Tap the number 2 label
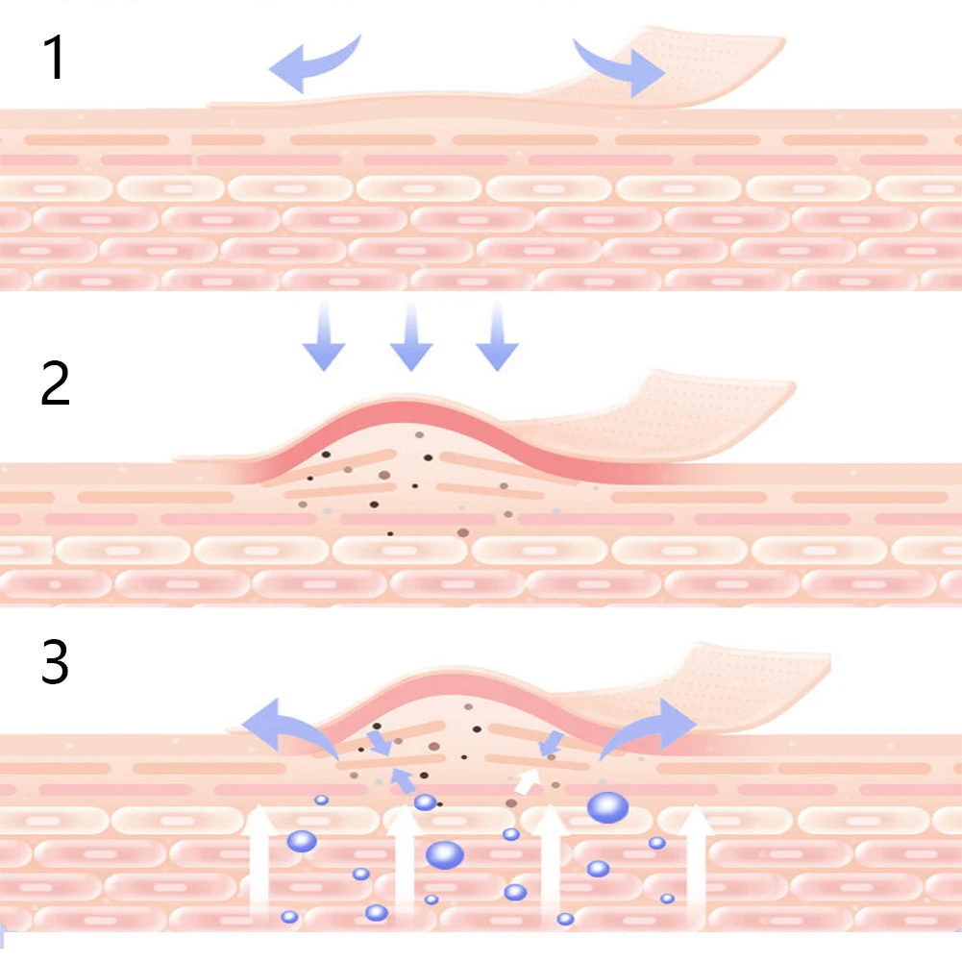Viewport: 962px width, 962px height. click(x=55, y=383)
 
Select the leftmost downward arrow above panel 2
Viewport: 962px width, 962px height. click(x=323, y=336)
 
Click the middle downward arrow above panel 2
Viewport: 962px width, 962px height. click(x=410, y=336)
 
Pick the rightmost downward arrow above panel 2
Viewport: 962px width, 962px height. click(x=497, y=336)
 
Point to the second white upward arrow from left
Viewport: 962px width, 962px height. click(x=405, y=865)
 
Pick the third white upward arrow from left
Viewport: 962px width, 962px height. click(x=551, y=865)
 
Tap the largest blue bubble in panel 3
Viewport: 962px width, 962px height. click(x=607, y=806)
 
